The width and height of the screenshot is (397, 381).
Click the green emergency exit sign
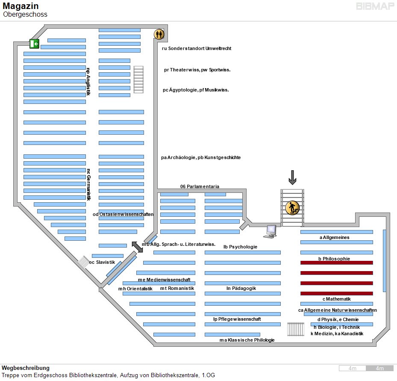click(34, 43)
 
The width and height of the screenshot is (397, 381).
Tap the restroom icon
click(159, 34)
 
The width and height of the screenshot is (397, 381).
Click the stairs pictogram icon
click(292, 208)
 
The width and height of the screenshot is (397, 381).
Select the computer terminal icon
click(271, 231)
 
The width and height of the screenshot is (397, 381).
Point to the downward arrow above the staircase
click(292, 177)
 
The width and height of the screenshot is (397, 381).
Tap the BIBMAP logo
click(375, 6)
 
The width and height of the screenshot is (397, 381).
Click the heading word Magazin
click(21, 6)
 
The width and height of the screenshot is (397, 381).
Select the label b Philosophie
click(334, 259)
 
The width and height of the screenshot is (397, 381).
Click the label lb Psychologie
click(240, 247)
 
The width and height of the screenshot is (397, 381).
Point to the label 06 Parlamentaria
click(200, 186)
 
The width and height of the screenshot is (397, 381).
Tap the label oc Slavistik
click(102, 262)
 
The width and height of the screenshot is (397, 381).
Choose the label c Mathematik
click(336, 299)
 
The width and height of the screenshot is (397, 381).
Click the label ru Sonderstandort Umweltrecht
click(197, 48)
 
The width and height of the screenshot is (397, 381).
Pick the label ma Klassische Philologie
click(247, 340)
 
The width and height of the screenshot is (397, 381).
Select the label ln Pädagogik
click(241, 288)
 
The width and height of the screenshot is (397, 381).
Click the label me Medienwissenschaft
click(164, 280)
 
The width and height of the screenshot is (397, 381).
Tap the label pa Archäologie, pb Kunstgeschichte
click(201, 157)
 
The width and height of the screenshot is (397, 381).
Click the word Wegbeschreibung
click(26, 368)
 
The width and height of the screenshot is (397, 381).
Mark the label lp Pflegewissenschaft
click(237, 319)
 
